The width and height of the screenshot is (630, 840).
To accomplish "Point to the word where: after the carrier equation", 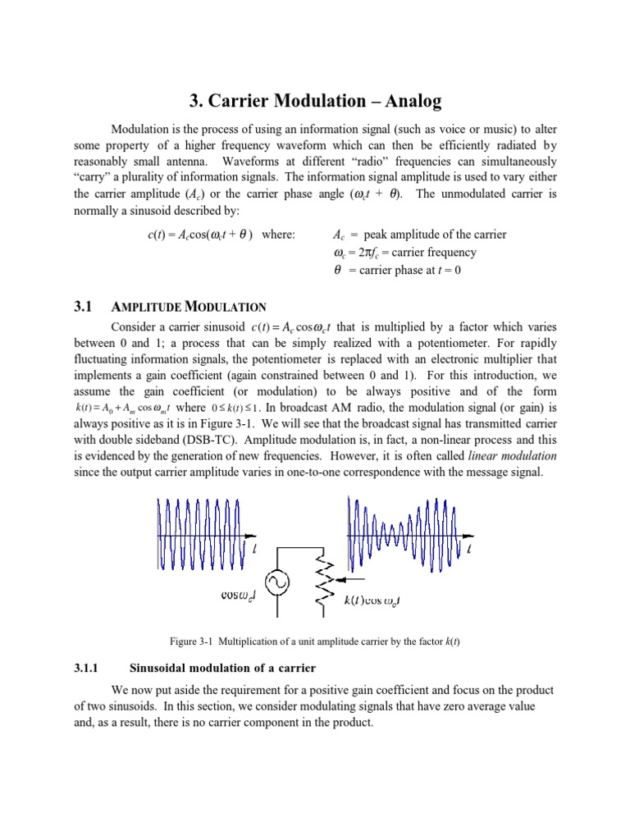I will point(278,235).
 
